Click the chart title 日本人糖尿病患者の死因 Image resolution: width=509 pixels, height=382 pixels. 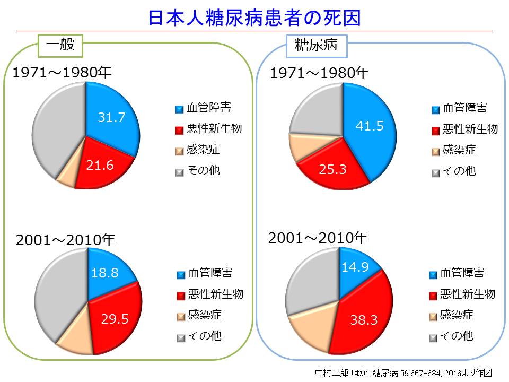point(254,18)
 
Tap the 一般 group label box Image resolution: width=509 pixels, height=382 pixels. point(60,46)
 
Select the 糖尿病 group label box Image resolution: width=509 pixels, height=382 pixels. point(317,46)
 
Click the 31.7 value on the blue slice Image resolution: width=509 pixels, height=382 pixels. point(111,117)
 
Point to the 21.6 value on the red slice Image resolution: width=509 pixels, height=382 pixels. point(100,166)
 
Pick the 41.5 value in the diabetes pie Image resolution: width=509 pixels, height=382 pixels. point(370,126)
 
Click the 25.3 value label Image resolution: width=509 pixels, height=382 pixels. point(332,169)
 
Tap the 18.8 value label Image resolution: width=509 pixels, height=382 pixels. point(104,273)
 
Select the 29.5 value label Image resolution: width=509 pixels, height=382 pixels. point(115,319)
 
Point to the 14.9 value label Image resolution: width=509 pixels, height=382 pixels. point(355,267)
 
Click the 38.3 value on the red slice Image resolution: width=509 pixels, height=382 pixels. point(364,320)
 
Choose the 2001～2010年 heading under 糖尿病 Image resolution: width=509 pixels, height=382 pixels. point(318,238)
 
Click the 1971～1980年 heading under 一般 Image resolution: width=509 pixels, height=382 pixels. point(62,72)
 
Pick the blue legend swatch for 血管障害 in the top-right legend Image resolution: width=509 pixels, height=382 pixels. point(435,110)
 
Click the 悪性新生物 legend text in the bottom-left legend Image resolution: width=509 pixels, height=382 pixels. point(216,294)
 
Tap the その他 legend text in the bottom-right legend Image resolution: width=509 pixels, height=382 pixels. point(457,335)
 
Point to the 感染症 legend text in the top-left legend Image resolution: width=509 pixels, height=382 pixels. point(203,150)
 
